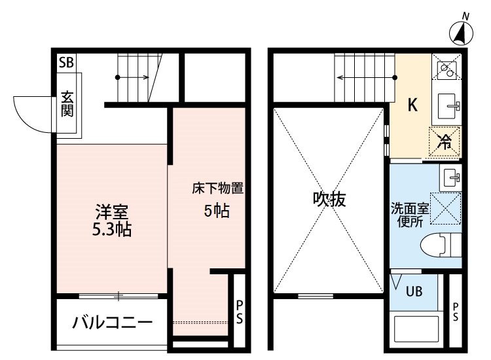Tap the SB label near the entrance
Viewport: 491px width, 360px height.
point(66,63)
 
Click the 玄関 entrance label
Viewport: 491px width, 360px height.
point(67,103)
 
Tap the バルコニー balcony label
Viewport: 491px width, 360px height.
point(112,322)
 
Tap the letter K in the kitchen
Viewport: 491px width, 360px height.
point(413,105)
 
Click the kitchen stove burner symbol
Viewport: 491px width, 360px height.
point(447,68)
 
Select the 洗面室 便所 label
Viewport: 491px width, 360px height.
point(411,215)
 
